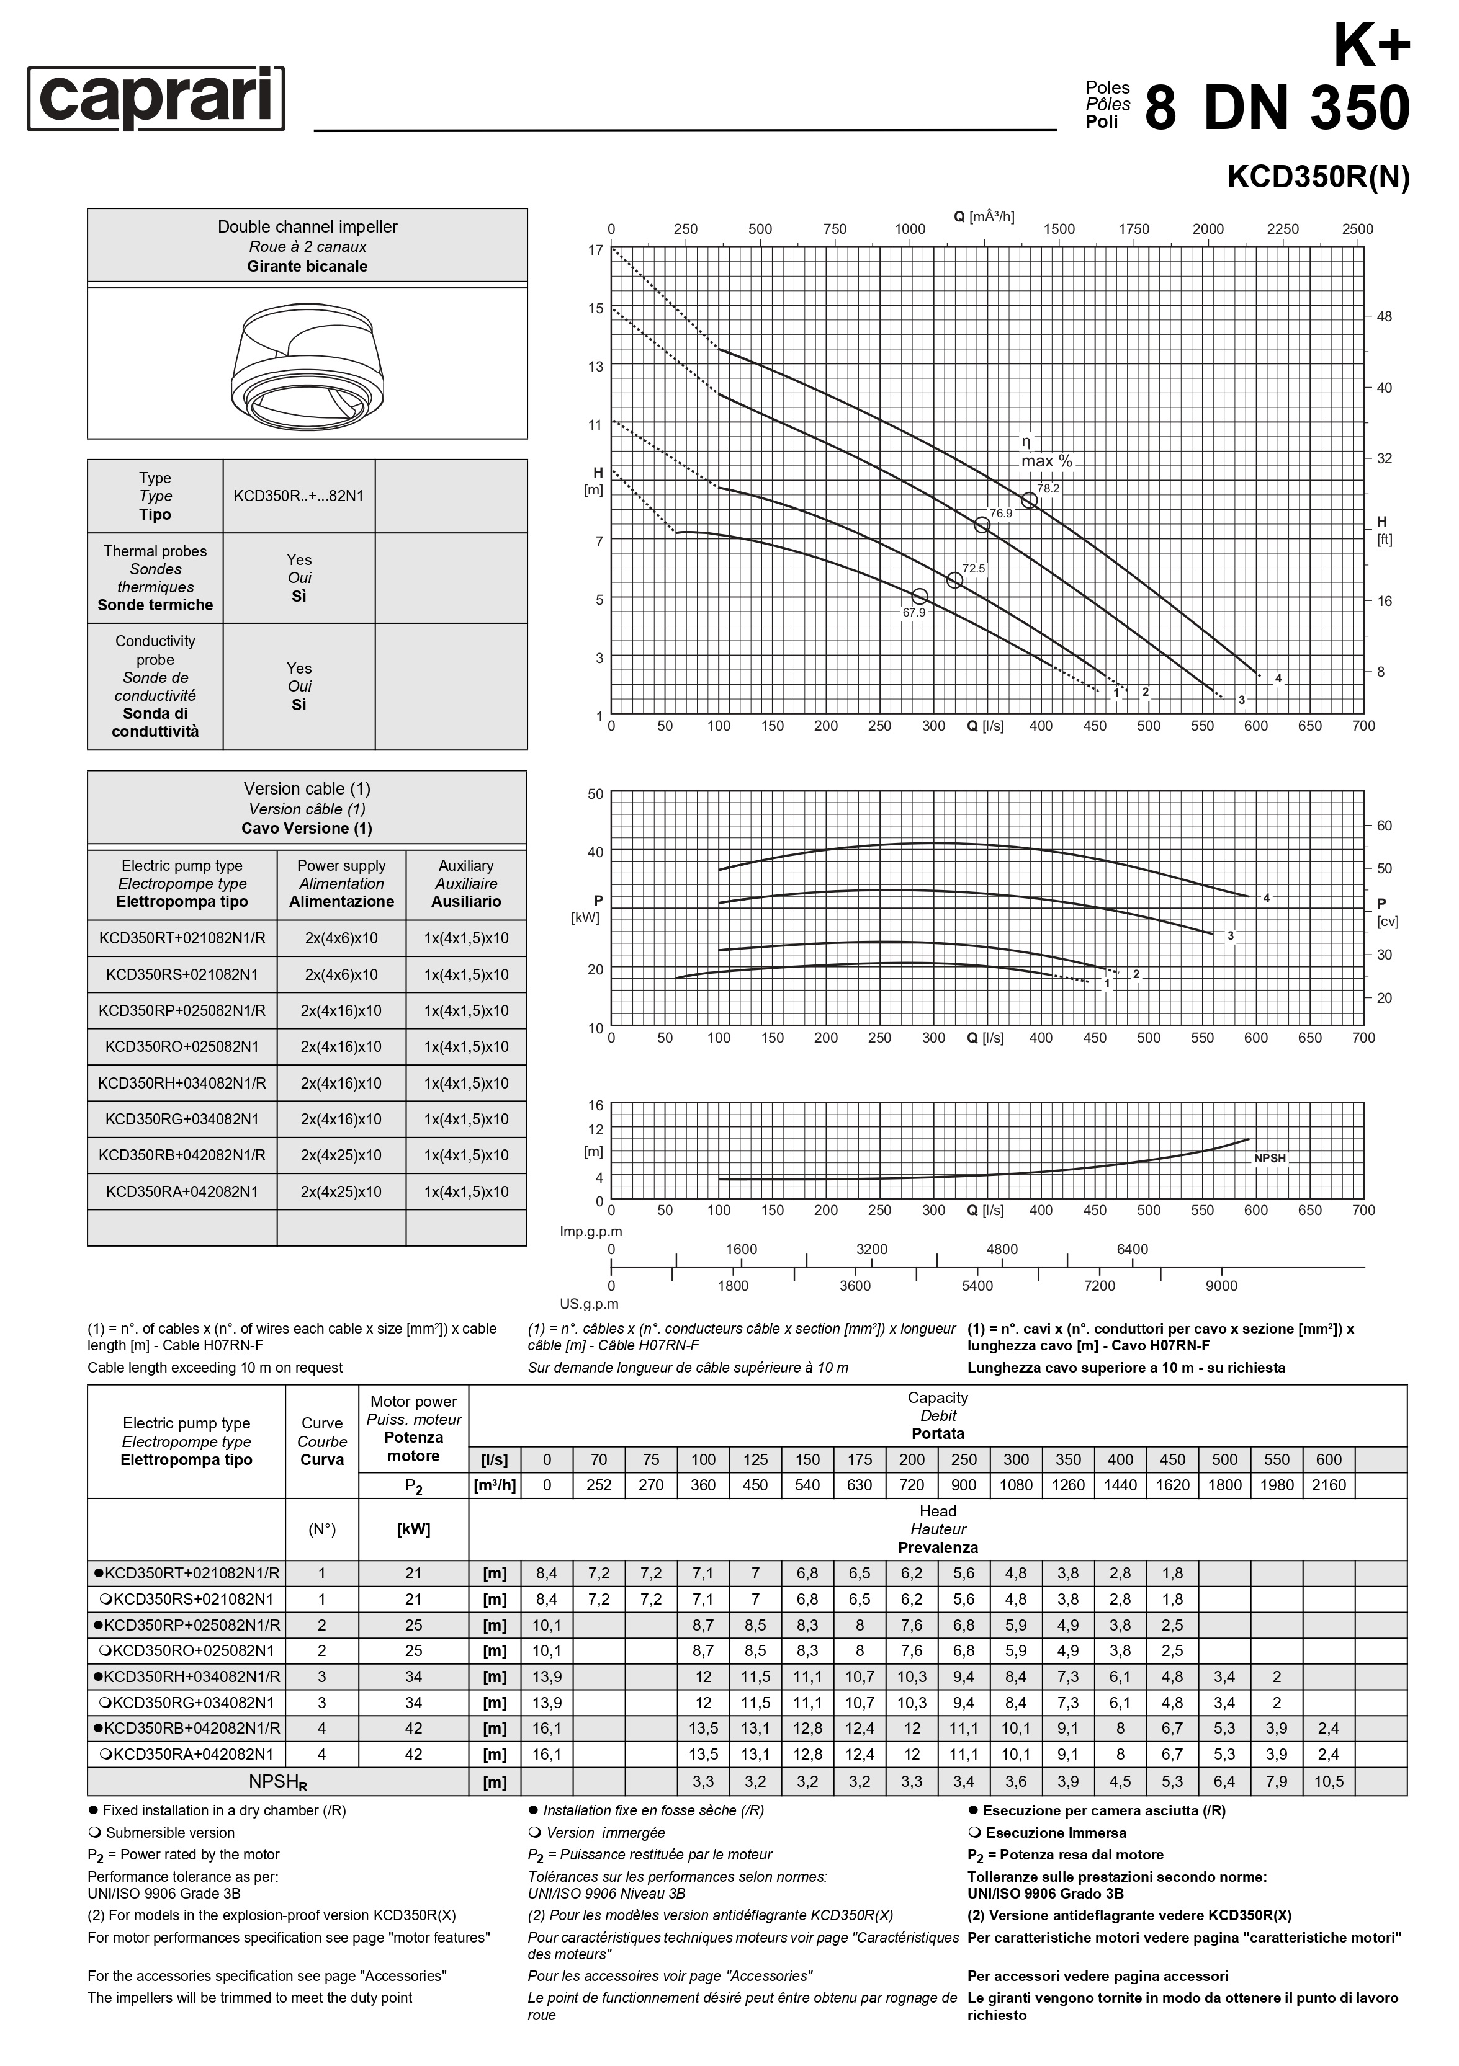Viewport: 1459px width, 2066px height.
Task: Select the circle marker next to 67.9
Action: (x=919, y=597)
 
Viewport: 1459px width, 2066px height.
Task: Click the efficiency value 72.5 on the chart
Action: (x=974, y=569)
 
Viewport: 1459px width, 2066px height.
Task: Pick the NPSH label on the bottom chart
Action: (x=1270, y=1158)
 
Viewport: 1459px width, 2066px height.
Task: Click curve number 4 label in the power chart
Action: (x=1267, y=898)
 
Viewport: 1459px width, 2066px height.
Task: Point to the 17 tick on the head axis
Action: (x=596, y=250)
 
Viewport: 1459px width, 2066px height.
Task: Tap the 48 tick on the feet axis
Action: (x=1385, y=317)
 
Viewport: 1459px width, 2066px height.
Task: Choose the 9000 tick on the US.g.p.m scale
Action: (x=1221, y=1286)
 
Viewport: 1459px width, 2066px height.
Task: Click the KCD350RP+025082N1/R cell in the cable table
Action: (x=182, y=1010)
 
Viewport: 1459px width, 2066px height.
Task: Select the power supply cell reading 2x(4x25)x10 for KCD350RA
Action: (x=341, y=1191)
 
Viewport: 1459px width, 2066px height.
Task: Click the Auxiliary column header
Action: (x=465, y=884)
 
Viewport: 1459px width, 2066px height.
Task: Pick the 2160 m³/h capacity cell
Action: (x=1329, y=1485)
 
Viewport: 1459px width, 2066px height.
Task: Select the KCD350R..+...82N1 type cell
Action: (x=299, y=496)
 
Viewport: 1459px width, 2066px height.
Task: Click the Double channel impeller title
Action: (x=307, y=227)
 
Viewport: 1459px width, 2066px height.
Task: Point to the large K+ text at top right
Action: (x=1371, y=45)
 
